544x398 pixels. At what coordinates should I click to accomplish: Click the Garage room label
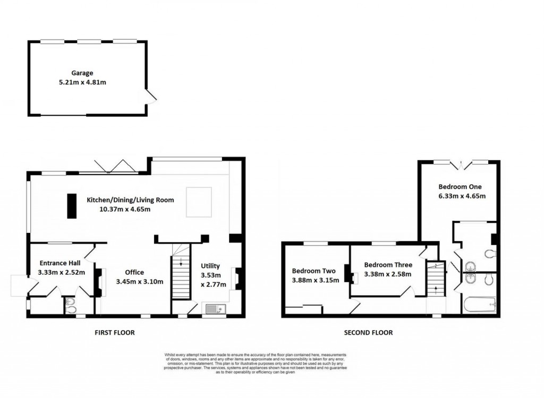(x=82, y=73)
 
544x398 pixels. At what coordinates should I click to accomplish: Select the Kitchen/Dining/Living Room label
(x=130, y=200)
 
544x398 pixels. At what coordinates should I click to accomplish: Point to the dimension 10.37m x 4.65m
(x=125, y=209)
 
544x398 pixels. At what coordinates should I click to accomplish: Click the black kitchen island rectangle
(x=71, y=205)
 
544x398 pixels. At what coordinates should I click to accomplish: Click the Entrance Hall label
(x=59, y=263)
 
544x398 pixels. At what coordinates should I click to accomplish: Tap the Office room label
(x=134, y=272)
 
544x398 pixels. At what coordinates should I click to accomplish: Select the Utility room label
(x=210, y=266)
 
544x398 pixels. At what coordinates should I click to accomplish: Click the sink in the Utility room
(x=215, y=308)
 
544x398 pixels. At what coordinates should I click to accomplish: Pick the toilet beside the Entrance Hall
(x=70, y=305)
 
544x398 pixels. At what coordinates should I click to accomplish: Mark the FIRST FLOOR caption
(x=114, y=333)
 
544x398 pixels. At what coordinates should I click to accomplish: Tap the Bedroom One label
(x=460, y=187)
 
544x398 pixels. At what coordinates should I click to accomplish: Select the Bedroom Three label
(x=388, y=265)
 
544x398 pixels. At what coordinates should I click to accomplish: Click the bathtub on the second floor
(x=480, y=305)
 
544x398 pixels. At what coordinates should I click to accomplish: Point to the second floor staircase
(x=436, y=281)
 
